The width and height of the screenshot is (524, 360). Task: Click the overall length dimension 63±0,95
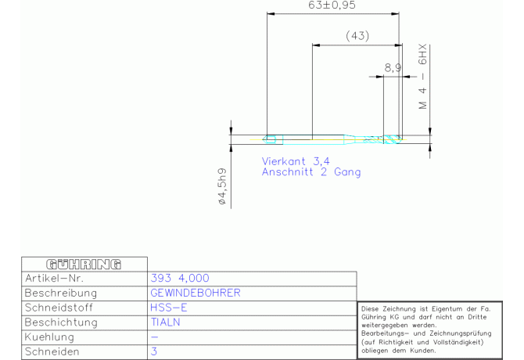[x=332, y=5]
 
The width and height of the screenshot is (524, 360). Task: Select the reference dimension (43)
[x=357, y=36]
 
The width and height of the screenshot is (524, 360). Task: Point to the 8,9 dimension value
[x=393, y=68]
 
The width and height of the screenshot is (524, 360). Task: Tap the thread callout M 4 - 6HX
[x=423, y=76]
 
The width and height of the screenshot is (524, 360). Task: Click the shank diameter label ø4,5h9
[x=222, y=186]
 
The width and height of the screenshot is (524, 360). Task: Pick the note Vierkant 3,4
[x=296, y=161]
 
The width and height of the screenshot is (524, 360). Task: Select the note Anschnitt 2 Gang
[x=311, y=172]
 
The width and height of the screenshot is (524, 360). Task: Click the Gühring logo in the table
[x=84, y=264]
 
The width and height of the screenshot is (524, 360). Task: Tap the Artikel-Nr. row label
[x=54, y=278]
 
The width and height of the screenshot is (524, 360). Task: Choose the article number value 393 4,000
[x=180, y=278]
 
